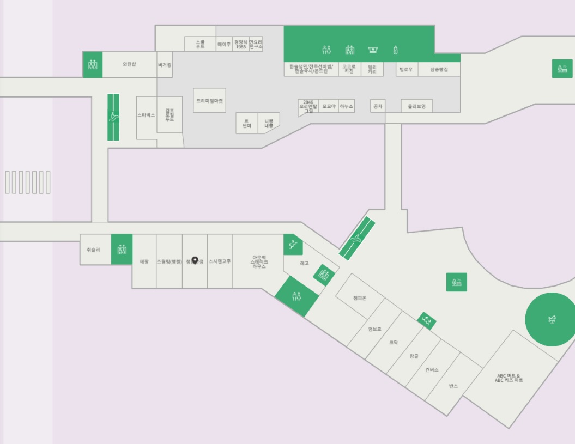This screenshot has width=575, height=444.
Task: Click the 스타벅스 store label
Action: click(146, 115)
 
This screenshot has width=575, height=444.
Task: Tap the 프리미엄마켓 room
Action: click(209, 101)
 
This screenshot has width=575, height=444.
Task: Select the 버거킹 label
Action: click(165, 64)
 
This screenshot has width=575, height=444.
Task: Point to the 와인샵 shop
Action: click(129, 64)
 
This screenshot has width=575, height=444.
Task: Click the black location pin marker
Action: click(195, 260)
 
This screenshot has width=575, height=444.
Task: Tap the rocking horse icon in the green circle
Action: click(550, 319)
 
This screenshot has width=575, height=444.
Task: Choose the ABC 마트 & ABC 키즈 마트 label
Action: click(509, 378)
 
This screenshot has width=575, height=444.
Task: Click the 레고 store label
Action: click(304, 263)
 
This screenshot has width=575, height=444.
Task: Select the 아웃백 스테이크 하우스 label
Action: click(259, 262)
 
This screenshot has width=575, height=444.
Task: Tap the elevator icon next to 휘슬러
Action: click(122, 250)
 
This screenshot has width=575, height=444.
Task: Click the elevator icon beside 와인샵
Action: click(93, 64)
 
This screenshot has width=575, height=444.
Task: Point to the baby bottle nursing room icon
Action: click(396, 50)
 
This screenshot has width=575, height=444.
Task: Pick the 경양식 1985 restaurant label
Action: click(240, 45)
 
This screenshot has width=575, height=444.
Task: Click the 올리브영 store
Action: click(416, 106)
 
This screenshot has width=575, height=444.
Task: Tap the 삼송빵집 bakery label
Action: click(439, 70)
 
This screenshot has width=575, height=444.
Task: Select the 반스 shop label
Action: click(453, 386)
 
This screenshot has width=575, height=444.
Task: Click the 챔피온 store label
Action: click(360, 298)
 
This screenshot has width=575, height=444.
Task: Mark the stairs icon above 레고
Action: click(293, 245)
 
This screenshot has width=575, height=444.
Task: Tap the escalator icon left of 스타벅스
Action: click(113, 117)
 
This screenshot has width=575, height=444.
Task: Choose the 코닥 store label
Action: click(393, 343)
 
